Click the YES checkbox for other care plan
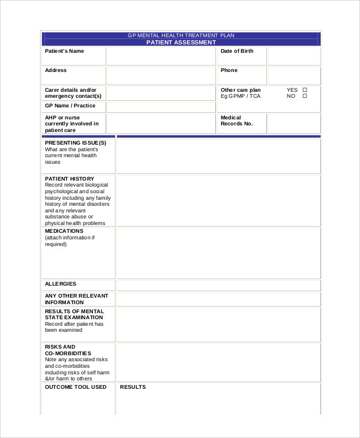tap(305, 90)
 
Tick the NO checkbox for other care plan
tap(305, 96)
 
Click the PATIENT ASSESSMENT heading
tap(181, 43)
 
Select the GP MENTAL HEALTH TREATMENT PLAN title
tap(181, 36)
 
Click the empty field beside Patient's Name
tap(160, 56)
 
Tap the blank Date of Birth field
tap(293, 56)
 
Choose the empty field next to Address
tap(160, 76)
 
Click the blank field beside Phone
tap(293, 76)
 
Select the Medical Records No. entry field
tap(293, 124)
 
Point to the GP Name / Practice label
tap(70, 106)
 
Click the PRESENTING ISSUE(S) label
tap(76, 143)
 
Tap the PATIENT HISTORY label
tap(70, 179)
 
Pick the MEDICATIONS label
tap(64, 231)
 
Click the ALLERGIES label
tap(61, 284)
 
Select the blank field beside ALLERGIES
tap(218, 285)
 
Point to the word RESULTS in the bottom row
tap(133, 387)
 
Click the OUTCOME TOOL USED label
tap(76, 387)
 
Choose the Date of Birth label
tap(237, 52)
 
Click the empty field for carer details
tap(160, 92)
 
